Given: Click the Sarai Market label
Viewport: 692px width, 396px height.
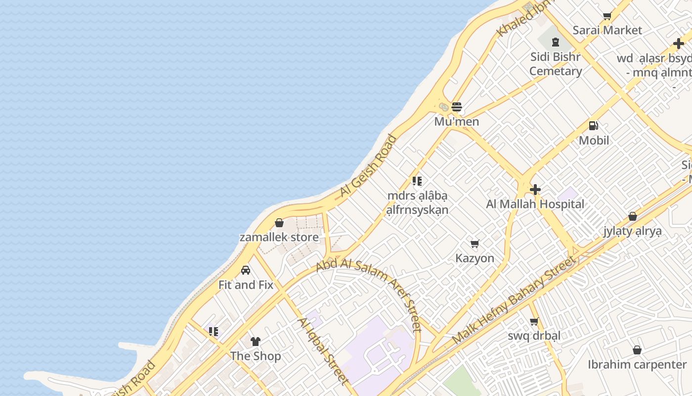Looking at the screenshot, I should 607,30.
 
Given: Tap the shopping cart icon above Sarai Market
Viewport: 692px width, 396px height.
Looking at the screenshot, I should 607,16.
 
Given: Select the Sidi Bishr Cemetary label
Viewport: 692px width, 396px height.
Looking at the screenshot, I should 556,64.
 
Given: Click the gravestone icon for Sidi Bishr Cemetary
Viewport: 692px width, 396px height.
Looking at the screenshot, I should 555,42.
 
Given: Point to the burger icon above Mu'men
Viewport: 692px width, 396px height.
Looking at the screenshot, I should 457,106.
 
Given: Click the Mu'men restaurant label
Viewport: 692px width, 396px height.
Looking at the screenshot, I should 457,122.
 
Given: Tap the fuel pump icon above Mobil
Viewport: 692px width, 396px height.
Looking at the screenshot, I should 594,126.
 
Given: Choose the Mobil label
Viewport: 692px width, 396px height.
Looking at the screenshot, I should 594,141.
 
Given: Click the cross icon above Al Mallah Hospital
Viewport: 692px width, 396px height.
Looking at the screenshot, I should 535,189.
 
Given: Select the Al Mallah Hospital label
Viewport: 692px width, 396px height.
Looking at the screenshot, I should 535,204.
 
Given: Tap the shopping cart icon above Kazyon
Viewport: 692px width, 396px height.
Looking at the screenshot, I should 475,244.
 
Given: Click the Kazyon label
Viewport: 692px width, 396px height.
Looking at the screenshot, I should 475,258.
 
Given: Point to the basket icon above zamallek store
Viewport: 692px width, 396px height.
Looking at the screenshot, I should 279,223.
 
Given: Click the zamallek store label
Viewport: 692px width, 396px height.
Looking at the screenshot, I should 279,238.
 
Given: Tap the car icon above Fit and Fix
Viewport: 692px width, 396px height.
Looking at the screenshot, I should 246,270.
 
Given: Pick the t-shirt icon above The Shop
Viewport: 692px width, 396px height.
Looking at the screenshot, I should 256,341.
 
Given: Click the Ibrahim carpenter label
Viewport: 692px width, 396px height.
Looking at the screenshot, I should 637,365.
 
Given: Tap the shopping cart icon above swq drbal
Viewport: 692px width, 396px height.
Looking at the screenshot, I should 534,322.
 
